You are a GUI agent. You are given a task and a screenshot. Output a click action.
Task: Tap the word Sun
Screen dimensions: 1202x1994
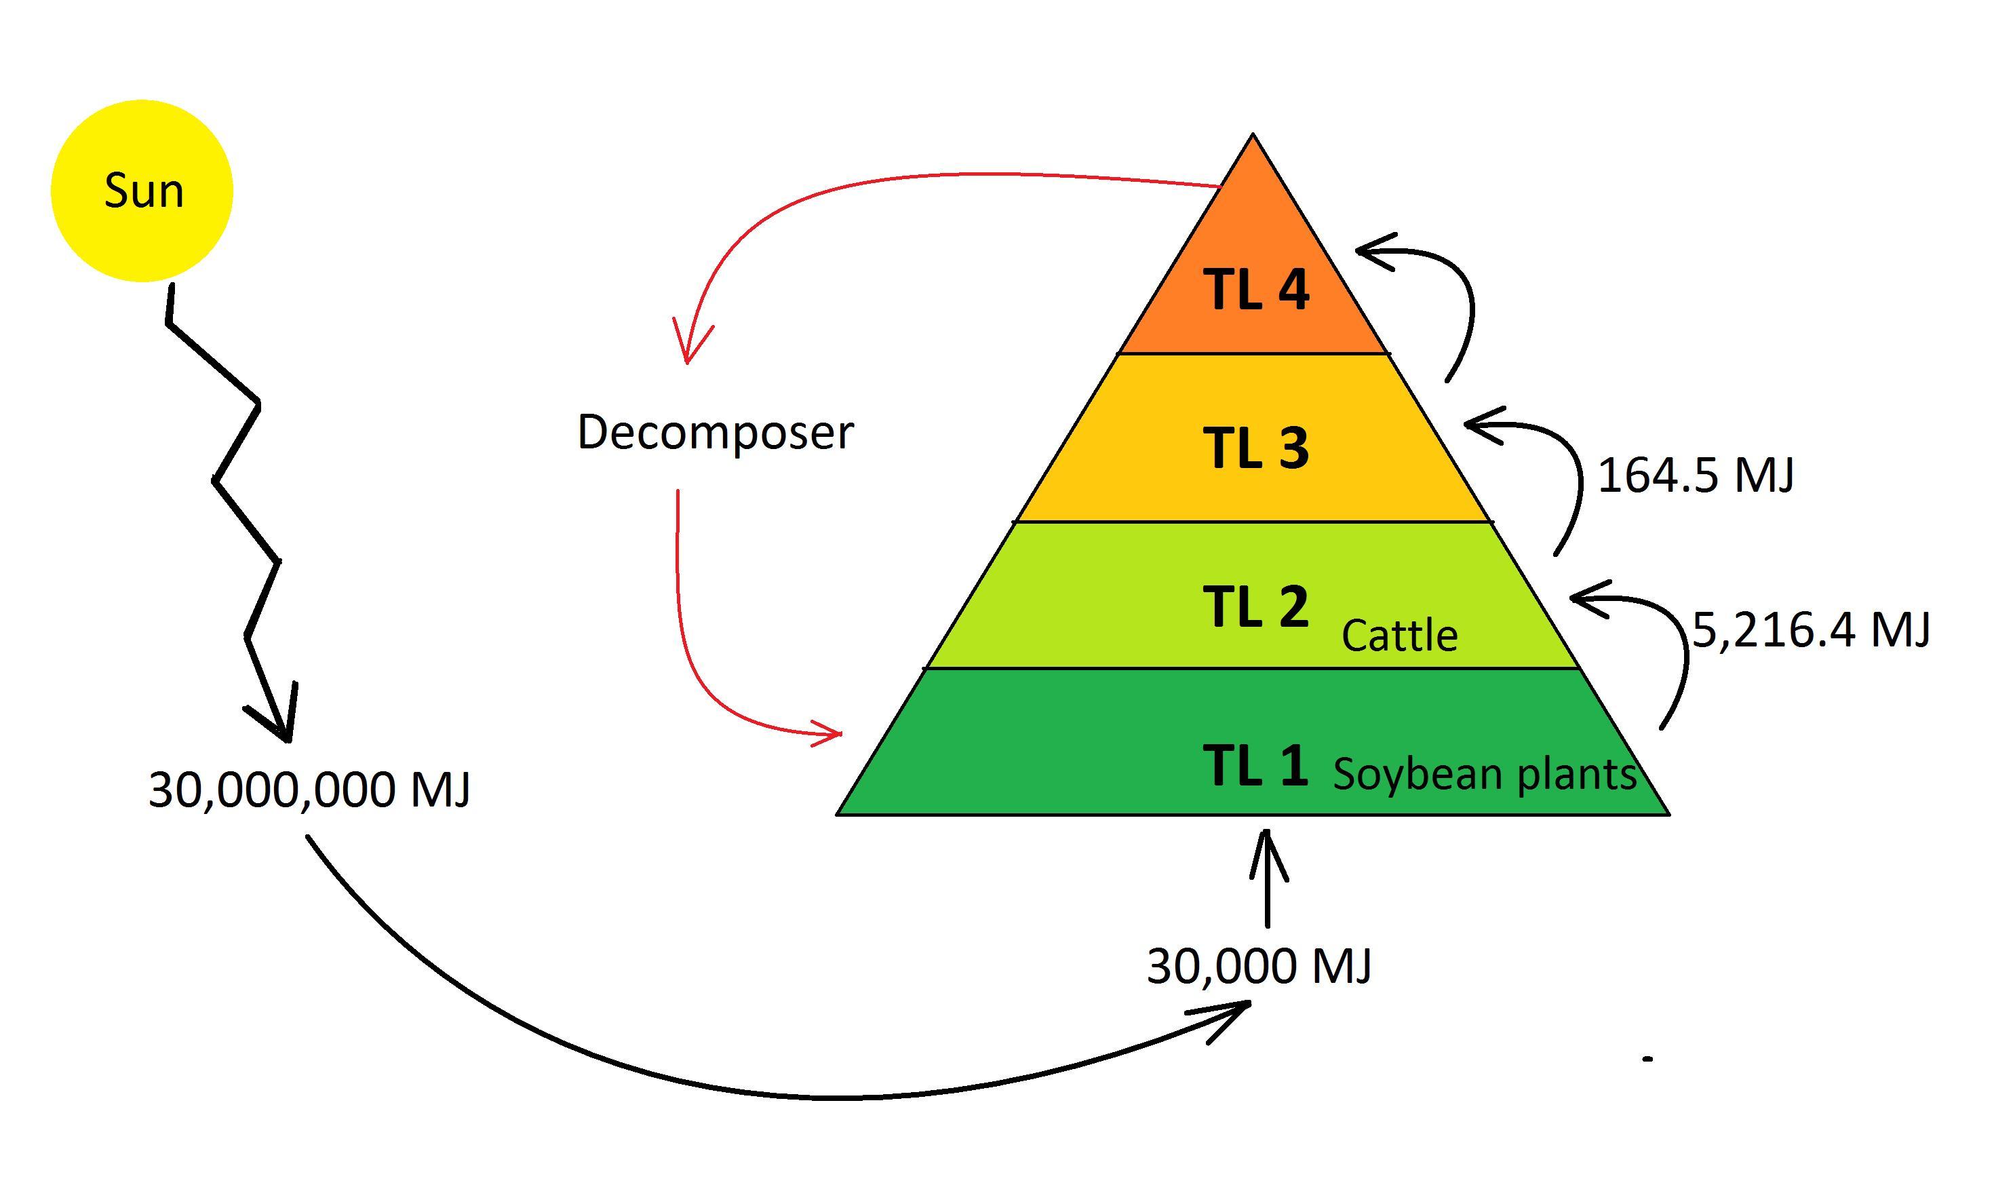tap(144, 191)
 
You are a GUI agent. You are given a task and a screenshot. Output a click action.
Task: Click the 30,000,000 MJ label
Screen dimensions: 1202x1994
tap(309, 789)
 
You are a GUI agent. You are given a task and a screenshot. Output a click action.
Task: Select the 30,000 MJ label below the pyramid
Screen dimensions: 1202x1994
tap(1259, 966)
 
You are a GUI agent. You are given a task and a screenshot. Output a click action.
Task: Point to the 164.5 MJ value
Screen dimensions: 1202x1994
tap(1696, 475)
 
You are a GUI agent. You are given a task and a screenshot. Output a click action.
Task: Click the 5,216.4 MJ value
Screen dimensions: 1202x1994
tap(1811, 629)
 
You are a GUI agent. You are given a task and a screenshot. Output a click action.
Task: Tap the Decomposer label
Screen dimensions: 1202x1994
tap(716, 432)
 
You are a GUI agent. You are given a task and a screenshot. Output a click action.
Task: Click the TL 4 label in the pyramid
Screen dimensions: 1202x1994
tap(1256, 290)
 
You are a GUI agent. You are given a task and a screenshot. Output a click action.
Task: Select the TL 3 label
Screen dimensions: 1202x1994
tap(1256, 448)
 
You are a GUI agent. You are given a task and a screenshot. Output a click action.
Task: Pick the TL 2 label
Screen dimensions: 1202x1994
tap(1255, 606)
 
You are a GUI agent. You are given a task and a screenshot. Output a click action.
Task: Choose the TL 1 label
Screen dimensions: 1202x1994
tap(1255, 765)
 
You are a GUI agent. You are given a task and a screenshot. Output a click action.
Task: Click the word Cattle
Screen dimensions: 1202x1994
tap(1399, 636)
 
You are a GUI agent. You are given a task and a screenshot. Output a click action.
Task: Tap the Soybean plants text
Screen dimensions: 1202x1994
tap(1484, 774)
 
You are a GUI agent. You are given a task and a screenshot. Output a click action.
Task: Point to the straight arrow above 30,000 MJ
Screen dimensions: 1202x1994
tap(1268, 878)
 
